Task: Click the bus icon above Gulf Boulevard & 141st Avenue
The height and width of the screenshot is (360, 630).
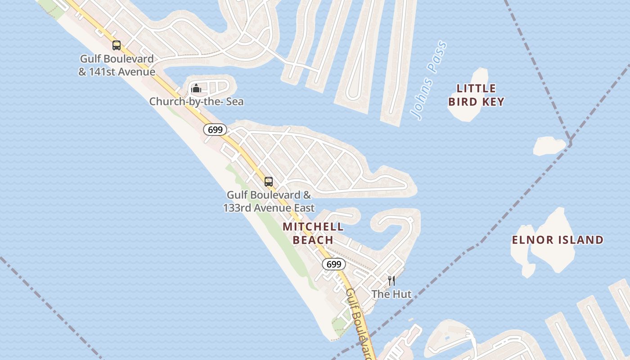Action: pyautogui.click(x=117, y=45)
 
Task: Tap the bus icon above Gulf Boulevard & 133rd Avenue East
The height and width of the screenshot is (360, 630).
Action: pyautogui.click(x=269, y=181)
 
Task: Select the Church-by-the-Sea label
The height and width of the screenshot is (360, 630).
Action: pyautogui.click(x=196, y=102)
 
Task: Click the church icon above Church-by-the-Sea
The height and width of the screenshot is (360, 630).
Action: pyautogui.click(x=196, y=88)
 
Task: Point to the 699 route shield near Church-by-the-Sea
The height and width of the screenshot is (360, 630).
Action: pyautogui.click(x=215, y=130)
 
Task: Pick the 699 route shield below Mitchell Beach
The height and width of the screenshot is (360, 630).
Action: pyautogui.click(x=334, y=264)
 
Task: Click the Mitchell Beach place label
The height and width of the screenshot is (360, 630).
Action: pyautogui.click(x=313, y=233)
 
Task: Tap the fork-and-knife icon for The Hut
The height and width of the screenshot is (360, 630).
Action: pyautogui.click(x=391, y=281)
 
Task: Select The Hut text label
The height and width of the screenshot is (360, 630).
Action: pyautogui.click(x=391, y=294)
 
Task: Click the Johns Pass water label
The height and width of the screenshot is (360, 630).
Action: pyautogui.click(x=429, y=81)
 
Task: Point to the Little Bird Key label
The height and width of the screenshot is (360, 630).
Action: pyautogui.click(x=476, y=95)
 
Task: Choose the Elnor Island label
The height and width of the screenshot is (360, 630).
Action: pyautogui.click(x=558, y=240)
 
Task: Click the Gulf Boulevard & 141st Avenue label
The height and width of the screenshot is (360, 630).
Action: pyautogui.click(x=117, y=65)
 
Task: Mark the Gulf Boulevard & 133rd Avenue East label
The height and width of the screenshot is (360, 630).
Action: pyautogui.click(x=269, y=201)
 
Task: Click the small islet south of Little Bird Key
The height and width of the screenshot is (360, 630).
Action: pyautogui.click(x=549, y=146)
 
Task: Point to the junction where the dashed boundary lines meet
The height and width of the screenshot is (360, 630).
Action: pyautogui.click(x=570, y=143)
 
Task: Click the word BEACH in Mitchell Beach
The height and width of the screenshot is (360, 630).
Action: pyautogui.click(x=313, y=240)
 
